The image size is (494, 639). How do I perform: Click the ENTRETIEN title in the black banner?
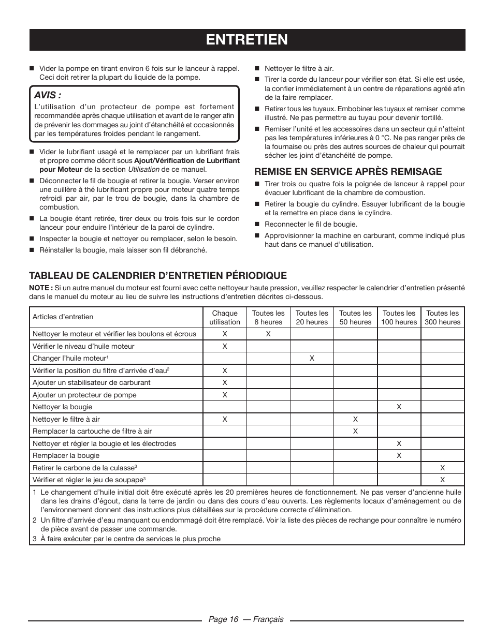[247, 39]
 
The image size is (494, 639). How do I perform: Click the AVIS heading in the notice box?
[48, 96]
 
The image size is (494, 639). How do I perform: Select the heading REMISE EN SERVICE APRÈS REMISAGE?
[347, 171]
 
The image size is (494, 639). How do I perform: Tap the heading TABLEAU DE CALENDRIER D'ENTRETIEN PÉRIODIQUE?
[157, 275]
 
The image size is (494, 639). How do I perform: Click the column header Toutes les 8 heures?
[268, 317]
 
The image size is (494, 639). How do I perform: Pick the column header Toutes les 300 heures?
[442, 317]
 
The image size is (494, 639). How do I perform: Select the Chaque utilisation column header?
[225, 317]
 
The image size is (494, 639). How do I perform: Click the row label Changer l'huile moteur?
[70, 358]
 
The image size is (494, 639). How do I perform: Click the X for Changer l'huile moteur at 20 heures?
[312, 358]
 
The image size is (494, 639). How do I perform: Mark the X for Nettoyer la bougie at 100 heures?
[399, 407]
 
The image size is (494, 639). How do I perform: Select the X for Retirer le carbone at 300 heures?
[442, 468]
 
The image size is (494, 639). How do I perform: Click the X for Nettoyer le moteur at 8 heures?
[268, 334]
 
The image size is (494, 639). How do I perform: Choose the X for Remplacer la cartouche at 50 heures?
[355, 431]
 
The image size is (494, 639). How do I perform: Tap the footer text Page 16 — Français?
[246, 619]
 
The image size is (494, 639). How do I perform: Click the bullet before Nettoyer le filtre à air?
[256, 68]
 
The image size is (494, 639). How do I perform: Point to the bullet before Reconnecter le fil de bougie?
[256, 224]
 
